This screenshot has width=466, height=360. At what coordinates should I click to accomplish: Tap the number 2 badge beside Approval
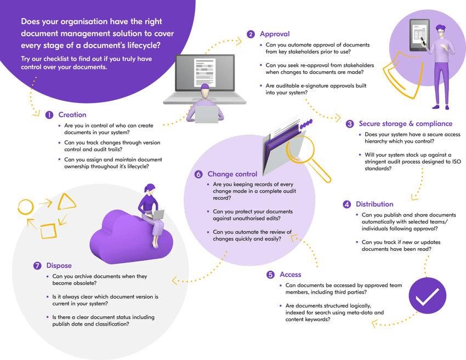(x=251, y=34)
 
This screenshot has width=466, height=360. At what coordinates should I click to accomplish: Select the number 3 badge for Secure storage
(x=350, y=124)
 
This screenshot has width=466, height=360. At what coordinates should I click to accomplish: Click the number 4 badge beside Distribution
(x=346, y=204)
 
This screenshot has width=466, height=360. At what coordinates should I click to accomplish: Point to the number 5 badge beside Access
(x=270, y=274)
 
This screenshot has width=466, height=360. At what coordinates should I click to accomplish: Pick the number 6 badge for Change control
(x=199, y=174)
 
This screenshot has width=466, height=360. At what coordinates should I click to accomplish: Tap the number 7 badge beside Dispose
(x=37, y=266)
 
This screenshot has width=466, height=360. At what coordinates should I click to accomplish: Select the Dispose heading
(x=59, y=266)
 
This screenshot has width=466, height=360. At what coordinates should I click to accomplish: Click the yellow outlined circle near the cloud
(x=26, y=208)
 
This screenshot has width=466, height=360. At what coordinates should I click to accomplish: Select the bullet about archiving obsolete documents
(x=100, y=279)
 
